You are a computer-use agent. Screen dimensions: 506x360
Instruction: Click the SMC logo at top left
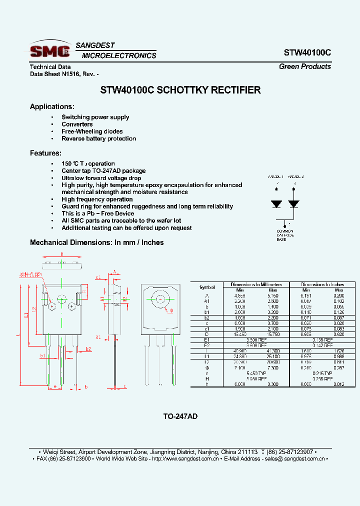pyautogui.click(x=49, y=50)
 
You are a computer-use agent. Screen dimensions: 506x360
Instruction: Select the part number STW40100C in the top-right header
pyautogui.click(x=307, y=52)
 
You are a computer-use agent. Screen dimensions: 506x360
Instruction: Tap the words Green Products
pyautogui.click(x=304, y=66)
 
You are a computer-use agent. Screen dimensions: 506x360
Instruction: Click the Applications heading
pyautogui.click(x=52, y=106)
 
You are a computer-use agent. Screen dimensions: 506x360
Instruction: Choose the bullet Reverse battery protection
pyautogui.click(x=98, y=138)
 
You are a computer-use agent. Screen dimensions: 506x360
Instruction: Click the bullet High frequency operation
pyautogui.click(x=90, y=199)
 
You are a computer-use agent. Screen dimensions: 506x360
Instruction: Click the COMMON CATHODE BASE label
pyautogui.click(x=286, y=235)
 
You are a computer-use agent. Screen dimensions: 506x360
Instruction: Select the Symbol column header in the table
pyautogui.click(x=207, y=287)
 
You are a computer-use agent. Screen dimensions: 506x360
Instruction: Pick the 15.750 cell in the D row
pyautogui.click(x=273, y=333)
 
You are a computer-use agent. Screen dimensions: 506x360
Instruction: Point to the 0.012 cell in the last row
pyautogui.click(x=338, y=383)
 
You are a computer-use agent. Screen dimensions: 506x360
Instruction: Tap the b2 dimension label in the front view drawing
pyautogui.click(x=88, y=348)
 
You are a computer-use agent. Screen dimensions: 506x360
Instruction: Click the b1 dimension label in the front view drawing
pyautogui.click(x=43, y=355)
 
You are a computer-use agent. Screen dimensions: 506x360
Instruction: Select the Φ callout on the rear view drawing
pyautogui.click(x=171, y=310)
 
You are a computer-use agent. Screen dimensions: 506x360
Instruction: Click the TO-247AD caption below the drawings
pyautogui.click(x=180, y=416)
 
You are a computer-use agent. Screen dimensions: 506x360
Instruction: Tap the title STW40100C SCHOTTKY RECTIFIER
pyautogui.click(x=180, y=90)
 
